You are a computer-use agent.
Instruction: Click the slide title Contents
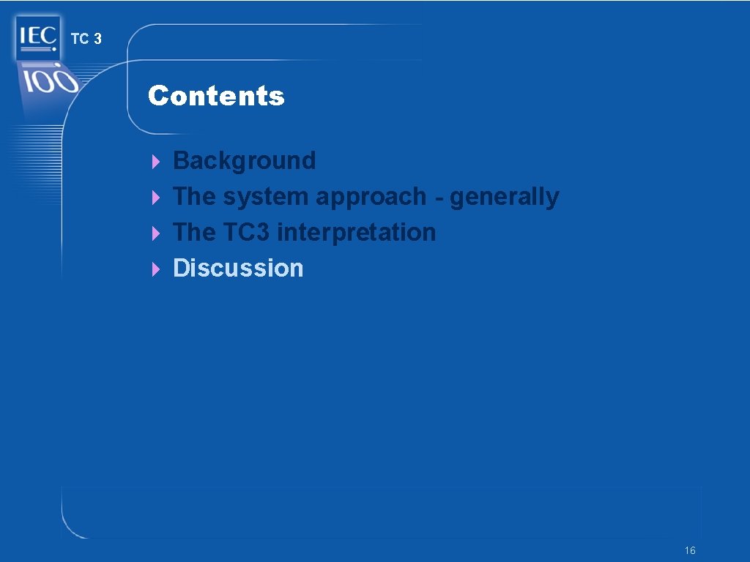click(216, 96)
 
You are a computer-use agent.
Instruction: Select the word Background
click(244, 160)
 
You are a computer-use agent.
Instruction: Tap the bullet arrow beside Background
click(155, 161)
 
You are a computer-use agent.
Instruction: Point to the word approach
click(371, 197)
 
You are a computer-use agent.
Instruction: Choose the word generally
click(504, 197)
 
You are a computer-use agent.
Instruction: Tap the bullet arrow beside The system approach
click(155, 198)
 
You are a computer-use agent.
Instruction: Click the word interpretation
click(357, 232)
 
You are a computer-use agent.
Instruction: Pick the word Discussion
click(238, 268)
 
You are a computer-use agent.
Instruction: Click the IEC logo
click(36, 37)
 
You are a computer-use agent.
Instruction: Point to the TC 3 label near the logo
click(86, 40)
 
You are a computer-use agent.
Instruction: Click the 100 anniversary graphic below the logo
click(48, 80)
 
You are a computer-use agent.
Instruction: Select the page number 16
click(689, 550)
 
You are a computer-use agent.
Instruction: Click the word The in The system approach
click(194, 197)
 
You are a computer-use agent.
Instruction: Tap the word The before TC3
click(194, 232)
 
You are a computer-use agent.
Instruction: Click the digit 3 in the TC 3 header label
click(97, 40)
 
